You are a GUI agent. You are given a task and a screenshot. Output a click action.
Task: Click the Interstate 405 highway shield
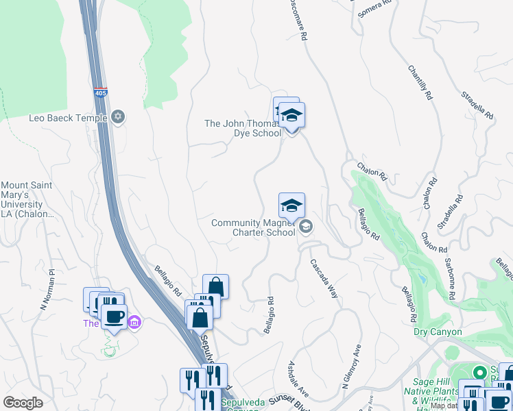click(101, 92)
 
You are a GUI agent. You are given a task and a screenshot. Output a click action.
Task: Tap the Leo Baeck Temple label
click(67, 118)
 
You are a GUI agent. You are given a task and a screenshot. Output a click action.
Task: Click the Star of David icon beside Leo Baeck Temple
click(119, 116)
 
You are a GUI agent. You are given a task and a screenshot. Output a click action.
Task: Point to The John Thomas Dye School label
click(243, 128)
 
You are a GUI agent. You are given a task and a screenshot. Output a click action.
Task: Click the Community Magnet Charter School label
click(253, 227)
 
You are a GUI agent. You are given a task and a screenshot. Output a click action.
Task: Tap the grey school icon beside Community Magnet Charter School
click(306, 227)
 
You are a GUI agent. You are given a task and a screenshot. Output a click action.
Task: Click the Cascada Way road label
click(324, 277)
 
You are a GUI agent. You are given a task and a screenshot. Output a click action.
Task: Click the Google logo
click(23, 402)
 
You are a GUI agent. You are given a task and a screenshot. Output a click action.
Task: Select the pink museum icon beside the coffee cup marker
click(134, 322)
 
